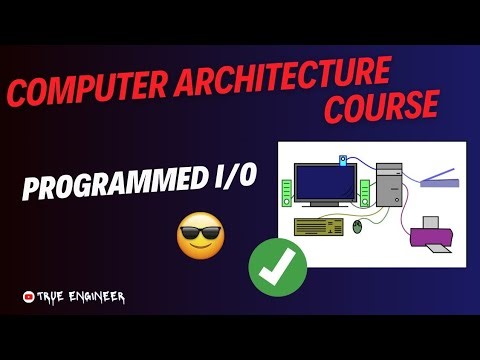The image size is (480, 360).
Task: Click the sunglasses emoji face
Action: [200, 236]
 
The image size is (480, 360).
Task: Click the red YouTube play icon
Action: [28, 297]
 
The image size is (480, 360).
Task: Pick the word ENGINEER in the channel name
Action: [96, 297]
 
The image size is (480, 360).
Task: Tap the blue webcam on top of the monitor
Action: [343, 160]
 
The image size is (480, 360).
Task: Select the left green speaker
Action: [286, 192]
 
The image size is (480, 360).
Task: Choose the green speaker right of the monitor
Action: [365, 192]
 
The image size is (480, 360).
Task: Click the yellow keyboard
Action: [319, 225]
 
